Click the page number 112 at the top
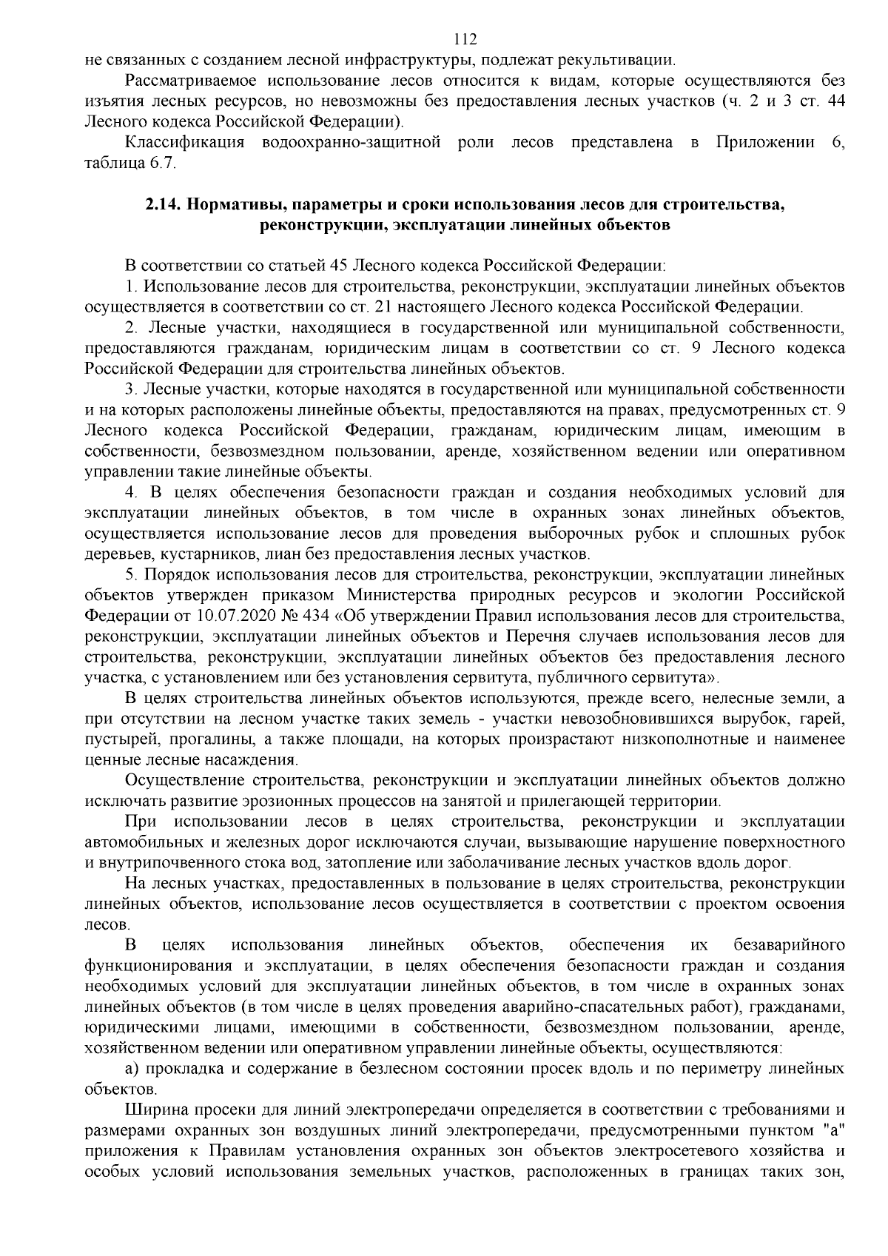point(465,39)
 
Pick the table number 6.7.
point(164,164)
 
